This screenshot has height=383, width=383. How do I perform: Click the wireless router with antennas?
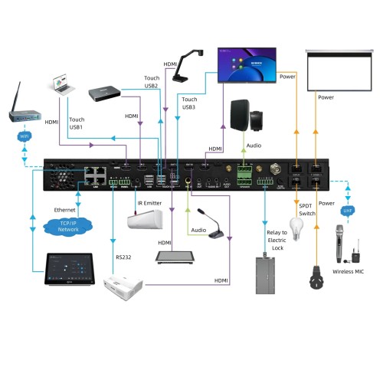[x=25, y=110]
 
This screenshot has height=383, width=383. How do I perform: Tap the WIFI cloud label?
[x=24, y=136]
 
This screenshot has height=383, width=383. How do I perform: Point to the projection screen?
[x=333, y=69]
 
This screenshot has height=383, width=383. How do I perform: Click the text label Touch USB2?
[x=151, y=82]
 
